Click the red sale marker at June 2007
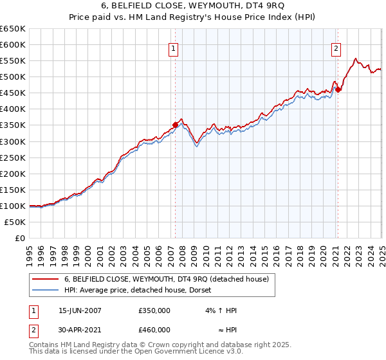(x=175, y=125)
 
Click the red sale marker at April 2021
(x=338, y=89)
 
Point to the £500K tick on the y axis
(x=13, y=77)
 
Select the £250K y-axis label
(x=13, y=157)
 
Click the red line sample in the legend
(x=46, y=279)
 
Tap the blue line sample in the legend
(x=46, y=290)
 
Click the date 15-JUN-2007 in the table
(x=80, y=310)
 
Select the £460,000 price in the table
(x=154, y=330)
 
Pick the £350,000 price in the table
(x=154, y=310)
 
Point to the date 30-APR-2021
(x=80, y=330)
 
